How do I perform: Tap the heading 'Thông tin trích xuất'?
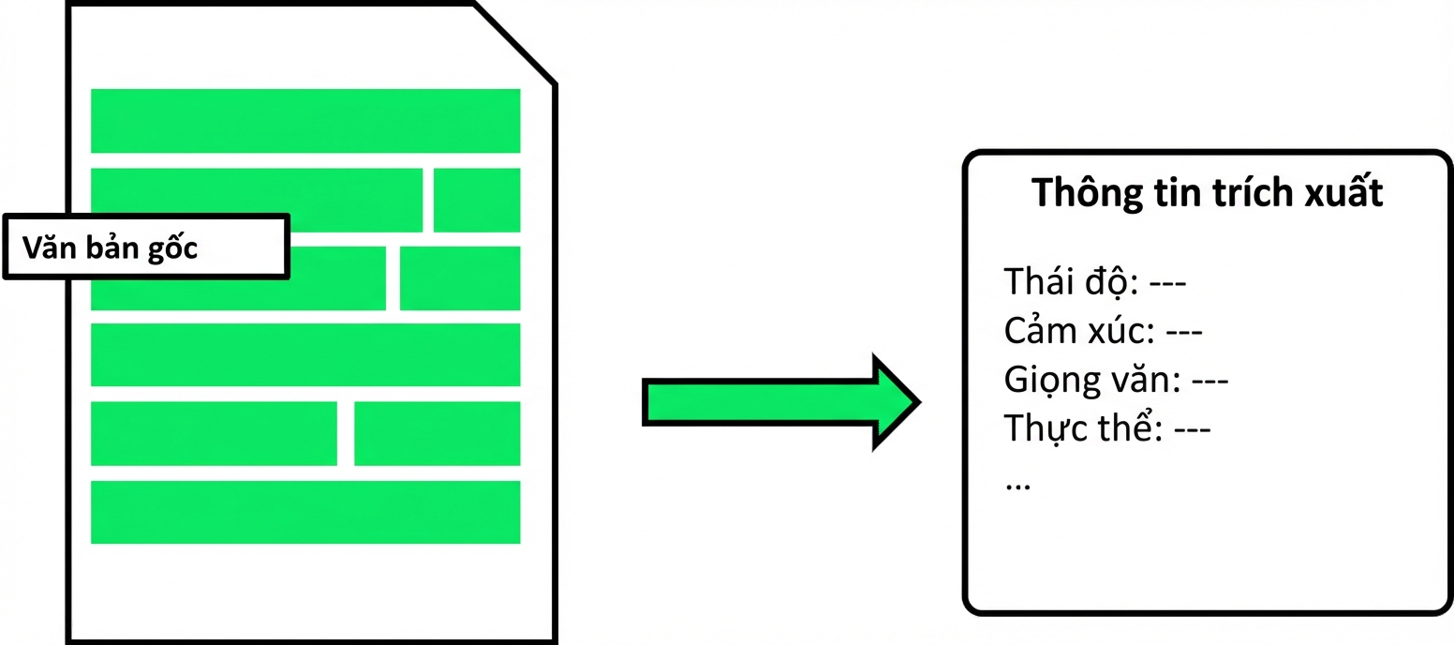[x=1208, y=193]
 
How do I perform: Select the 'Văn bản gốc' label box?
[x=146, y=247]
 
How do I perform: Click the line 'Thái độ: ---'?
[x=1095, y=282]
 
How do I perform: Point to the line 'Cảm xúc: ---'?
[x=1103, y=331]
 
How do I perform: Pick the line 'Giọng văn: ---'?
[x=1116, y=380]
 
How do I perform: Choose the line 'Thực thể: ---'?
[x=1106, y=428]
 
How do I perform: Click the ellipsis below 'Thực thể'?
[x=1017, y=485]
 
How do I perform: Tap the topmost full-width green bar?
[x=305, y=121]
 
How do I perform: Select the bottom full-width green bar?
[x=305, y=512]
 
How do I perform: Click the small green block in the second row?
[x=477, y=200]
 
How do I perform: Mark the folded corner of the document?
[x=514, y=43]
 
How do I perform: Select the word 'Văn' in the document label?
[x=50, y=247]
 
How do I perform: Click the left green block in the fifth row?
[x=214, y=433]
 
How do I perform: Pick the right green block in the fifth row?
[x=438, y=433]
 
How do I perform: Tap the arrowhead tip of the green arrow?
[x=920, y=402]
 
